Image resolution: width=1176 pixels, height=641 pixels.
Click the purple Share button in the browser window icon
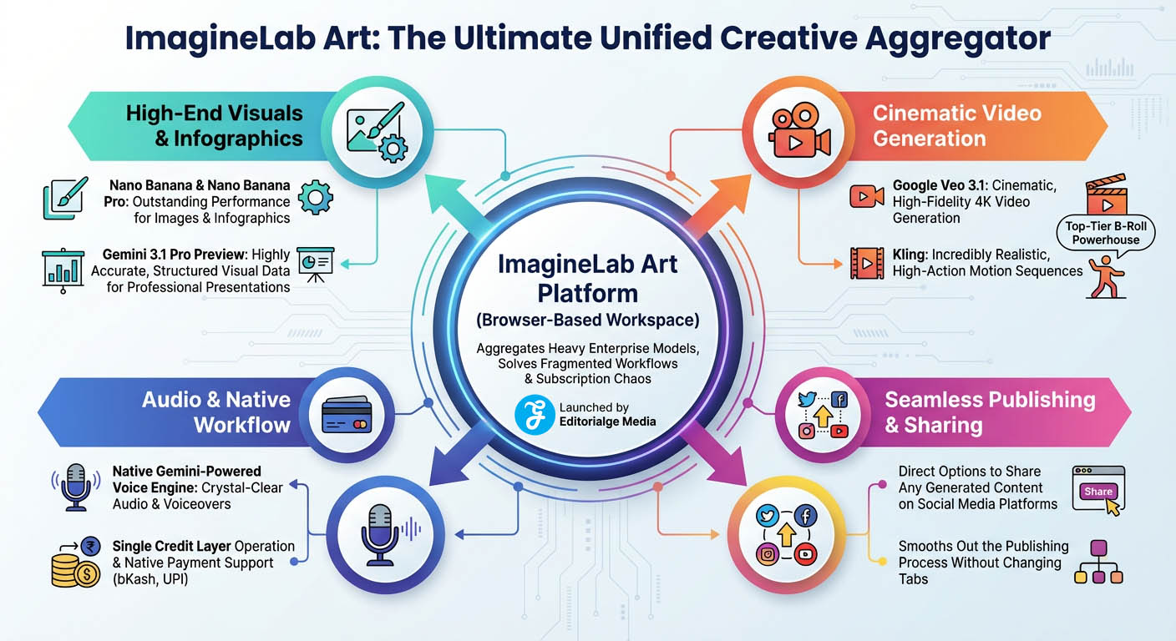coord(1097,491)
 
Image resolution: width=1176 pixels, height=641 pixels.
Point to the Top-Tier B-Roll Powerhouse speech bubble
coord(1106,233)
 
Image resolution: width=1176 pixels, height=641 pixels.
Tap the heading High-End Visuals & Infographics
coord(215,125)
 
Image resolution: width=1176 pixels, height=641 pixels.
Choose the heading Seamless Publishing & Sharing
coord(990,411)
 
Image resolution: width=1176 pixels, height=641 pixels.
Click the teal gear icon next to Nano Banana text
coord(315,197)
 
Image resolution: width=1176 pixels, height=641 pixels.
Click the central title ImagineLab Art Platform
coord(587,278)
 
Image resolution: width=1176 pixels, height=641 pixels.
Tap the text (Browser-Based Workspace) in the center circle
coord(587,320)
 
